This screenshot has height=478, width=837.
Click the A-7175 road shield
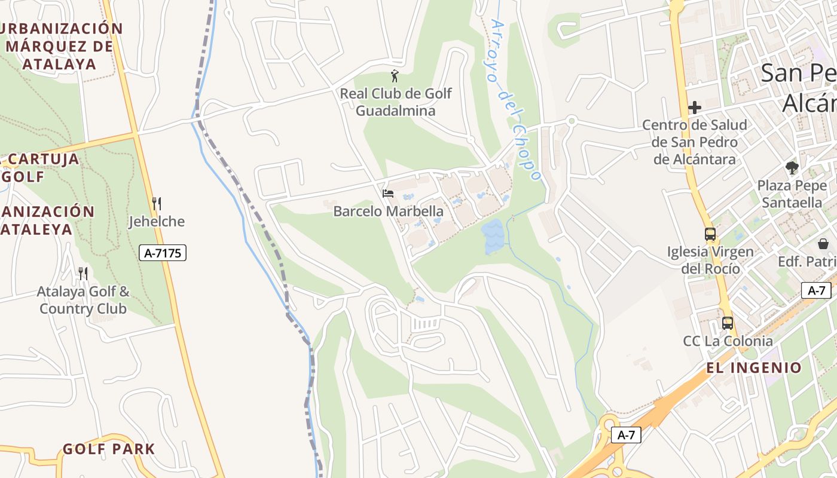(163, 253)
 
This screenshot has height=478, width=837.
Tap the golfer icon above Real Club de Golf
(394, 76)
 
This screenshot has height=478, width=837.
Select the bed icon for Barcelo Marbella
(388, 194)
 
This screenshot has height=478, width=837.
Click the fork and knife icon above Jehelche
(157, 203)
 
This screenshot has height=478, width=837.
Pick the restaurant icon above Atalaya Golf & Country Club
(83, 274)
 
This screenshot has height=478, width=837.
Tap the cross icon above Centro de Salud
(694, 108)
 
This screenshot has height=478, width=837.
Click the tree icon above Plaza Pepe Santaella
(792, 168)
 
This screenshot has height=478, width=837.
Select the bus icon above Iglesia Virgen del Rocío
(710, 234)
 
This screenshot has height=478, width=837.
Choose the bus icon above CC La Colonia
(728, 323)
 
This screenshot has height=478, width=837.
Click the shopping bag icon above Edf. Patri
(823, 244)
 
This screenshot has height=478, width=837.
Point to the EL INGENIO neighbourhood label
(754, 367)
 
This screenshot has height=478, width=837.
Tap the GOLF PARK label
(109, 449)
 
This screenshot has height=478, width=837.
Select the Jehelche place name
(157, 222)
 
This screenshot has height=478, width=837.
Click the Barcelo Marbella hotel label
(388, 211)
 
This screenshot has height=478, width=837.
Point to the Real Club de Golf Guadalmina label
(396, 102)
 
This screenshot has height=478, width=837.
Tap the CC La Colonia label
(728, 341)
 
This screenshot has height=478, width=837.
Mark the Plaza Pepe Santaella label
(792, 194)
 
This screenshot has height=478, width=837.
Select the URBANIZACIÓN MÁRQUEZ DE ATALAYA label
(60, 46)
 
